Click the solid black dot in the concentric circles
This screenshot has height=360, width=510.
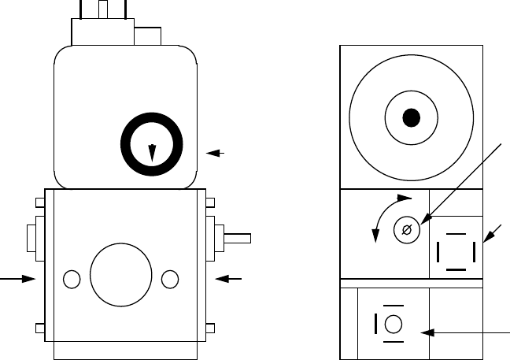[411, 118]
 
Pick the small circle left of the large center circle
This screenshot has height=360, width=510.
[71, 279]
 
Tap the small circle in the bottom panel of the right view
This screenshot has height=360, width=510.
[394, 324]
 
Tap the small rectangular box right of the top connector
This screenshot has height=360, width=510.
[148, 36]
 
